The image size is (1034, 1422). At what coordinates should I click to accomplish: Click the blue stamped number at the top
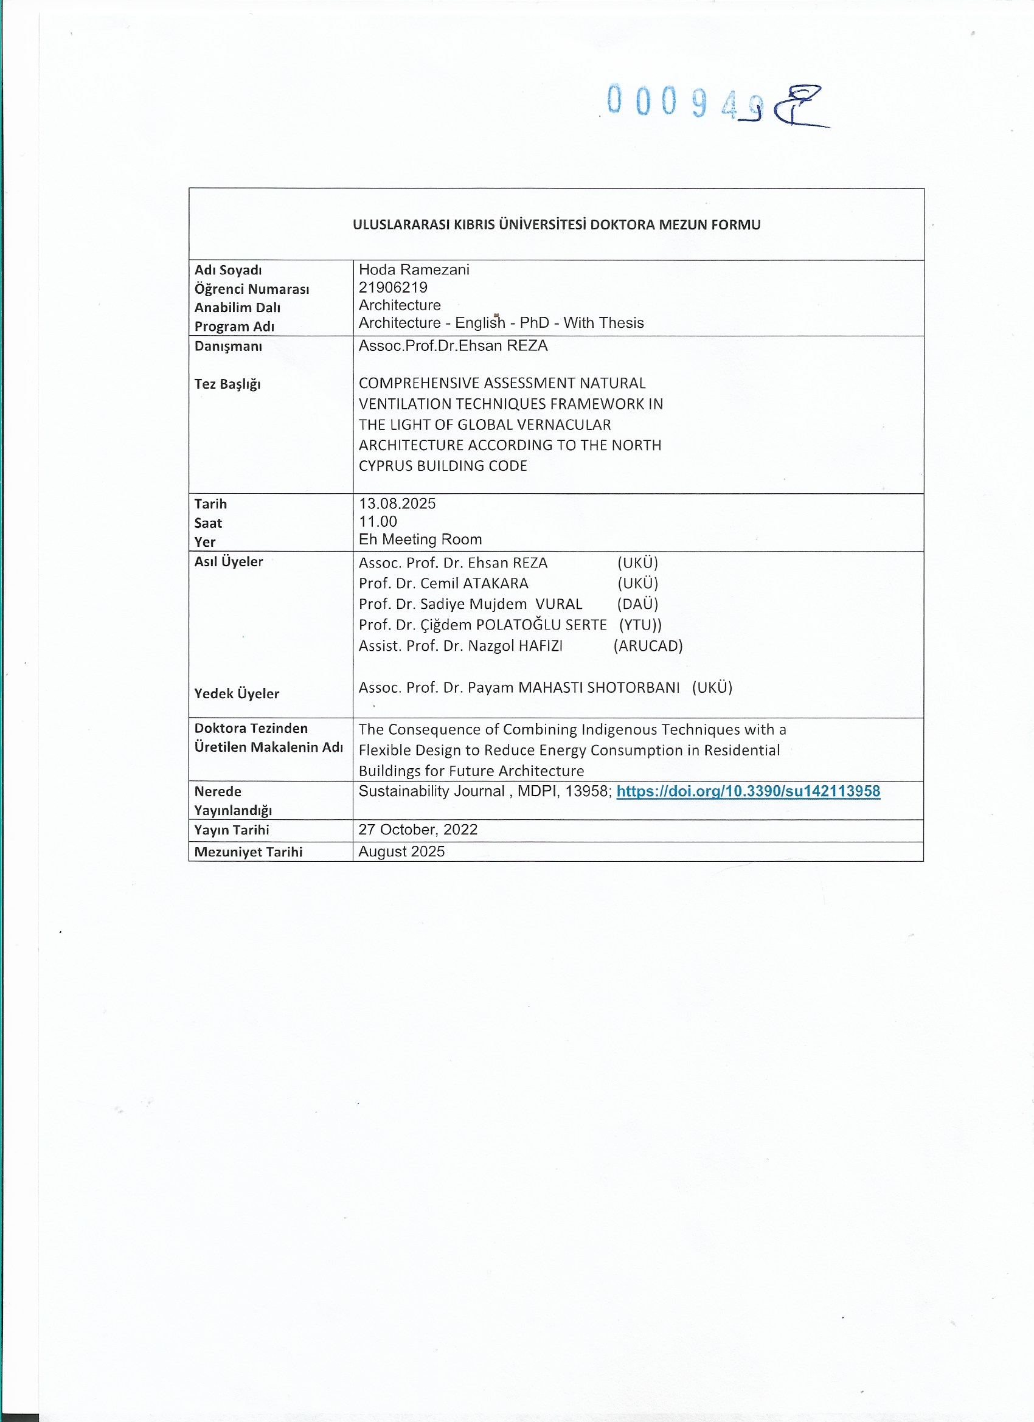(x=684, y=101)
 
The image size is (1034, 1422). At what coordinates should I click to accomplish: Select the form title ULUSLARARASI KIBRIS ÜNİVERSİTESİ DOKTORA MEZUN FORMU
(x=556, y=224)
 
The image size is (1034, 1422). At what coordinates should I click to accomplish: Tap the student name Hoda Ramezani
(x=414, y=269)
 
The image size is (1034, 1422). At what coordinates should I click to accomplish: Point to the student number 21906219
(x=392, y=287)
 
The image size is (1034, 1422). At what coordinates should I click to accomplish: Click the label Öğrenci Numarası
(x=251, y=289)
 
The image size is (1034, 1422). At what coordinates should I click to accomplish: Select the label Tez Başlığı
(x=227, y=384)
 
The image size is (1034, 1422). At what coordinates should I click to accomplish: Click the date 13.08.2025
(x=397, y=504)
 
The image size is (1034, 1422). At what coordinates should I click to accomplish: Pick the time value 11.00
(x=378, y=522)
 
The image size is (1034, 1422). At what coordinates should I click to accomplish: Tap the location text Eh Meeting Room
(x=420, y=539)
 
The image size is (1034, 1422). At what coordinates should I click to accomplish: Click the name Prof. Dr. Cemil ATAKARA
(x=443, y=583)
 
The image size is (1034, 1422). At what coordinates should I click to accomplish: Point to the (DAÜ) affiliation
(x=637, y=604)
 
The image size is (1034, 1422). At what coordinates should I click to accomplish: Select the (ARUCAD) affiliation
(x=648, y=646)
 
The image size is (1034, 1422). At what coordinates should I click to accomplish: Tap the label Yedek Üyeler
(x=237, y=693)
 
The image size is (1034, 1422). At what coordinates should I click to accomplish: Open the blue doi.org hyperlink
(x=748, y=791)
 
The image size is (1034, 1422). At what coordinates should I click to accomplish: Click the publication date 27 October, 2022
(x=418, y=830)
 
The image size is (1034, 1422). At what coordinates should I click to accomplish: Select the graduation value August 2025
(x=401, y=851)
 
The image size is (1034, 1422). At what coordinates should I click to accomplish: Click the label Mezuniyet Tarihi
(x=248, y=852)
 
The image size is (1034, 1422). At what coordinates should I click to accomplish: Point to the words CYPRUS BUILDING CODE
(x=443, y=466)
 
